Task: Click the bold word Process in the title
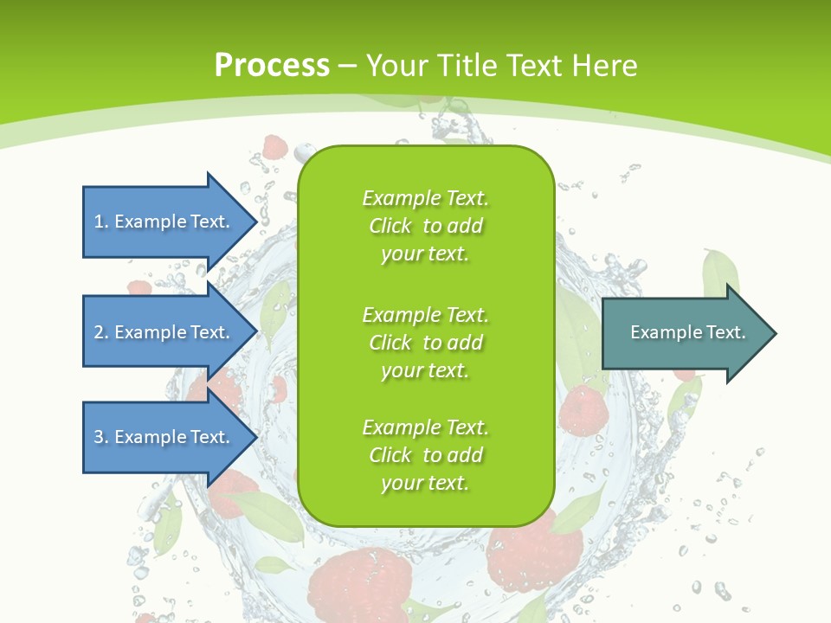click(x=272, y=66)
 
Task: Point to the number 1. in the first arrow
click(x=100, y=222)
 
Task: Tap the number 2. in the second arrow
click(x=100, y=332)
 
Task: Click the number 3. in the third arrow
click(x=100, y=437)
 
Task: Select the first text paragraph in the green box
click(x=425, y=226)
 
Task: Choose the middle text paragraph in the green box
click(x=425, y=342)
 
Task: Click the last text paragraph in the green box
click(x=425, y=455)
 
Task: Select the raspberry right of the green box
click(x=582, y=410)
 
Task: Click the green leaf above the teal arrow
click(x=720, y=270)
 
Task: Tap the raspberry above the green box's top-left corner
click(x=275, y=147)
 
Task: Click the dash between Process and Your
click(x=347, y=66)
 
